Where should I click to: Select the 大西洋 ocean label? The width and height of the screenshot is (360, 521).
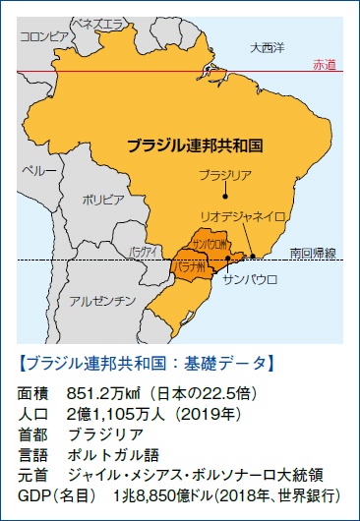coord(266,46)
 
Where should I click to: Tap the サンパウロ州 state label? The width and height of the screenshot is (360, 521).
coord(210,243)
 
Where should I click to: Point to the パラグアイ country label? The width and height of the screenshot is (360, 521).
coord(144,253)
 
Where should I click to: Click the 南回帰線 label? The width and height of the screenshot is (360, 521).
coord(313,253)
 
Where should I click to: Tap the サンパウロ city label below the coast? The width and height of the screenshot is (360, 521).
coord(251,279)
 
